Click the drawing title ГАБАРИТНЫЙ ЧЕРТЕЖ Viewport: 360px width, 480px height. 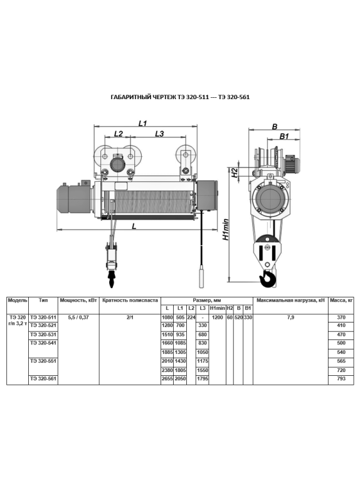[x=142, y=97]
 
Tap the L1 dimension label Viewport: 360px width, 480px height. [x=143, y=124]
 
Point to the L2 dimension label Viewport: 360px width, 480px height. [x=119, y=134]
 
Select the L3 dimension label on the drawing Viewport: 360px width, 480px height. [x=159, y=134]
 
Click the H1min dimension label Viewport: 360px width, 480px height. [x=226, y=229]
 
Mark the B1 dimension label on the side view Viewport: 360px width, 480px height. [x=284, y=136]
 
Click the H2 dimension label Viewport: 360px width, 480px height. [x=235, y=173]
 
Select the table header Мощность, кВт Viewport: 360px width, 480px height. [x=78, y=301]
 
